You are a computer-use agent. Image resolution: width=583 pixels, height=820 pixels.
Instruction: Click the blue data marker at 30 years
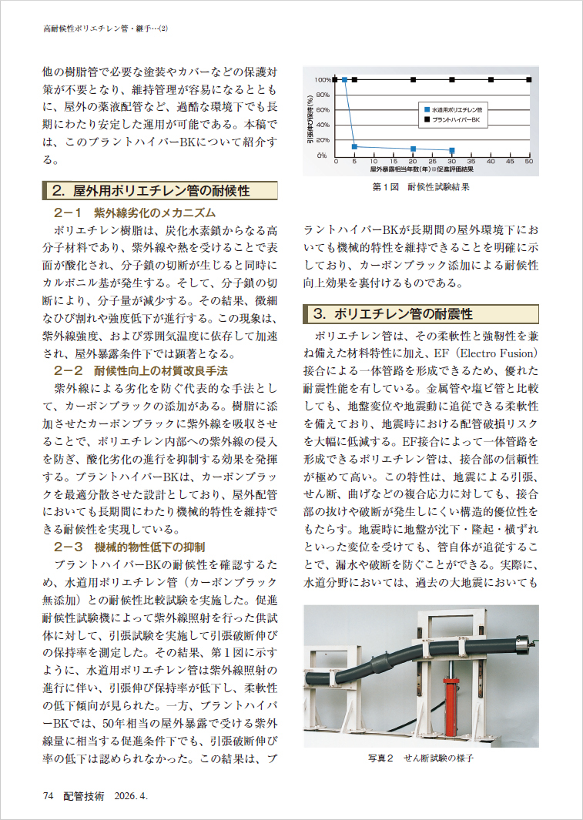point(452,151)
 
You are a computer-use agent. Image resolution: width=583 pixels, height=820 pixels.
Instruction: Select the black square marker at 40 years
point(491,79)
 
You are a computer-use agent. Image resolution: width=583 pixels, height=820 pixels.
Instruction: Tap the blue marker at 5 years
point(354,146)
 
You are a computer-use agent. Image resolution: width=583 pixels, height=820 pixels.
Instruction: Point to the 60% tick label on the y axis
point(323,109)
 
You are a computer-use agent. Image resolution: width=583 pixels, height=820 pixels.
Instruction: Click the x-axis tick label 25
point(432,162)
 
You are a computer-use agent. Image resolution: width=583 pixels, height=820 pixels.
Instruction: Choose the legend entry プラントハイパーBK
point(454,121)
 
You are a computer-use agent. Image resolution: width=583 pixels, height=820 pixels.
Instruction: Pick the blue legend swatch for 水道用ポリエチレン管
point(424,110)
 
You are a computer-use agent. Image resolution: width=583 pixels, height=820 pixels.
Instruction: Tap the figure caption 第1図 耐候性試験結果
point(420,186)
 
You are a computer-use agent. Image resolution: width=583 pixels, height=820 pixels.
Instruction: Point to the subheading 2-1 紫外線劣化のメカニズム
point(134,213)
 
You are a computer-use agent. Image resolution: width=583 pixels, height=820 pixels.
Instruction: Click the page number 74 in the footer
point(48,797)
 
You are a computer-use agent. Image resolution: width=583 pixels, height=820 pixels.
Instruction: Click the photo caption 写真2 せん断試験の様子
point(420,758)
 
